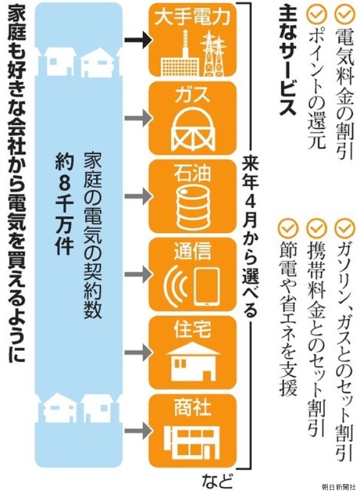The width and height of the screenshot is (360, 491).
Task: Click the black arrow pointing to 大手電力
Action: (138, 40)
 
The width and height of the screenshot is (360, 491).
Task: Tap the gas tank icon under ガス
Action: (193, 129)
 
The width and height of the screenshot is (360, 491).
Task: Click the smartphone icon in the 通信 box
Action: (206, 286)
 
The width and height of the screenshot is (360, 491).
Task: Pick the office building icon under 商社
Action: (192, 442)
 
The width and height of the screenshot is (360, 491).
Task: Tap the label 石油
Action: (192, 173)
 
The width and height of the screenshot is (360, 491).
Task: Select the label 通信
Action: (193, 251)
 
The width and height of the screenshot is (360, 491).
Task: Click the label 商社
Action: (193, 408)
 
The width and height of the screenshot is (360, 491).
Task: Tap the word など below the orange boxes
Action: (217, 481)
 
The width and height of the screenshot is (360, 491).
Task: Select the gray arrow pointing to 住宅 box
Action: (138, 353)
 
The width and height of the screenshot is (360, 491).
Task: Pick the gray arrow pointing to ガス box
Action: (138, 118)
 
